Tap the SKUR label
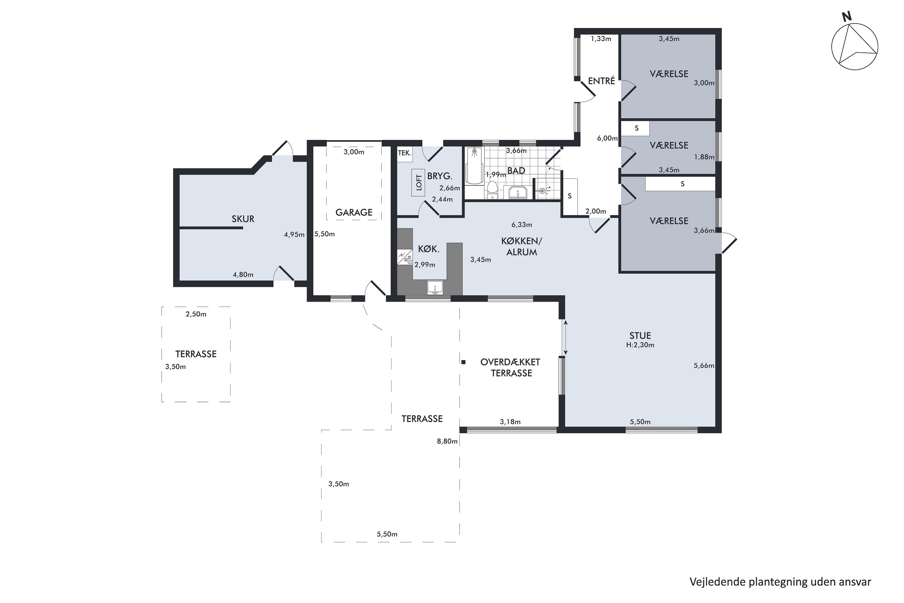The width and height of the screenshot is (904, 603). click(243, 219)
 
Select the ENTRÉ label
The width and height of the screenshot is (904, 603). click(601, 81)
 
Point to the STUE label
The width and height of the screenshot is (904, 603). click(640, 335)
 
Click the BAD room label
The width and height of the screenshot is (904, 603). click(516, 170)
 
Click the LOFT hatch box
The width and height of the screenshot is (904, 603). click(419, 182)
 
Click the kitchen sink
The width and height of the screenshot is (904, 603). click(435, 288)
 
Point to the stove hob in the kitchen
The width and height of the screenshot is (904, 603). click(405, 257)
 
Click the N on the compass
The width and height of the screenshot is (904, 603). click(847, 16)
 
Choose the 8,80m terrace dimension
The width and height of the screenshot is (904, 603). click(447, 441)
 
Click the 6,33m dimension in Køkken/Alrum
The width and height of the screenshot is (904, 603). click(522, 225)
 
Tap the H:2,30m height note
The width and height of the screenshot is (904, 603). click(640, 345)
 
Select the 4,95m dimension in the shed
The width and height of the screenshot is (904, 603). click(294, 235)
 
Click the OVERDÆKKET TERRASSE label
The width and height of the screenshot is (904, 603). click(511, 368)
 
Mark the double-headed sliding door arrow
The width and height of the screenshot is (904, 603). click(565, 338)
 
